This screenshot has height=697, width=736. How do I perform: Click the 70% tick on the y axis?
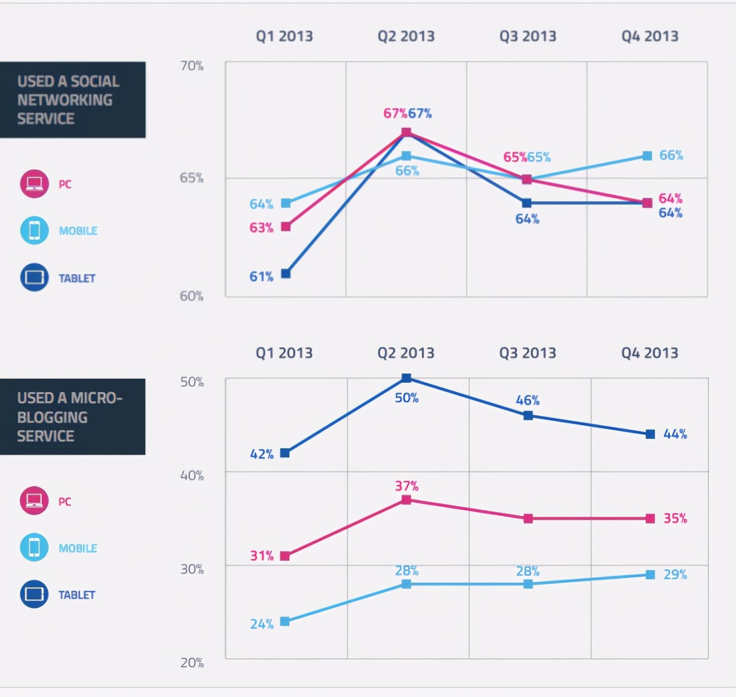(191, 66)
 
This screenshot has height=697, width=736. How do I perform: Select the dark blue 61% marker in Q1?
(286, 274)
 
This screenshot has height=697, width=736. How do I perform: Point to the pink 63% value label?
(261, 228)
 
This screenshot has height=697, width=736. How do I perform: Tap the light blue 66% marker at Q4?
(647, 156)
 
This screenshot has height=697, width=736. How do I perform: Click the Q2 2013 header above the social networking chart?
(406, 36)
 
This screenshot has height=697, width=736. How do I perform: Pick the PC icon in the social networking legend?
(34, 184)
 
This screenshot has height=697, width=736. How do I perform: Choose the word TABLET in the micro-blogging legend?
(76, 595)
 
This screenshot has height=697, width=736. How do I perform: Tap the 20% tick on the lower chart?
(192, 663)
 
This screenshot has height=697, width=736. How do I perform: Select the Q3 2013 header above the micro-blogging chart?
(527, 353)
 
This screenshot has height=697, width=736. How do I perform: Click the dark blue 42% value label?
(261, 454)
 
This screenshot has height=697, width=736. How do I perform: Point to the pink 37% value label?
(406, 486)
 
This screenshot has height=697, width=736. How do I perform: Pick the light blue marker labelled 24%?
(285, 622)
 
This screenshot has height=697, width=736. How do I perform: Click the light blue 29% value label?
(675, 575)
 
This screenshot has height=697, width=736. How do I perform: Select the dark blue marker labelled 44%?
(650, 434)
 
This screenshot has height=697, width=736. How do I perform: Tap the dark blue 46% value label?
(527, 400)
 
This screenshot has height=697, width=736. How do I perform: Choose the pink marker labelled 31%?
(285, 556)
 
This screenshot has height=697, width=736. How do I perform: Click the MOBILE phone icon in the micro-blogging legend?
(34, 547)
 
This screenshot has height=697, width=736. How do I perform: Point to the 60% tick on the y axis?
(191, 296)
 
